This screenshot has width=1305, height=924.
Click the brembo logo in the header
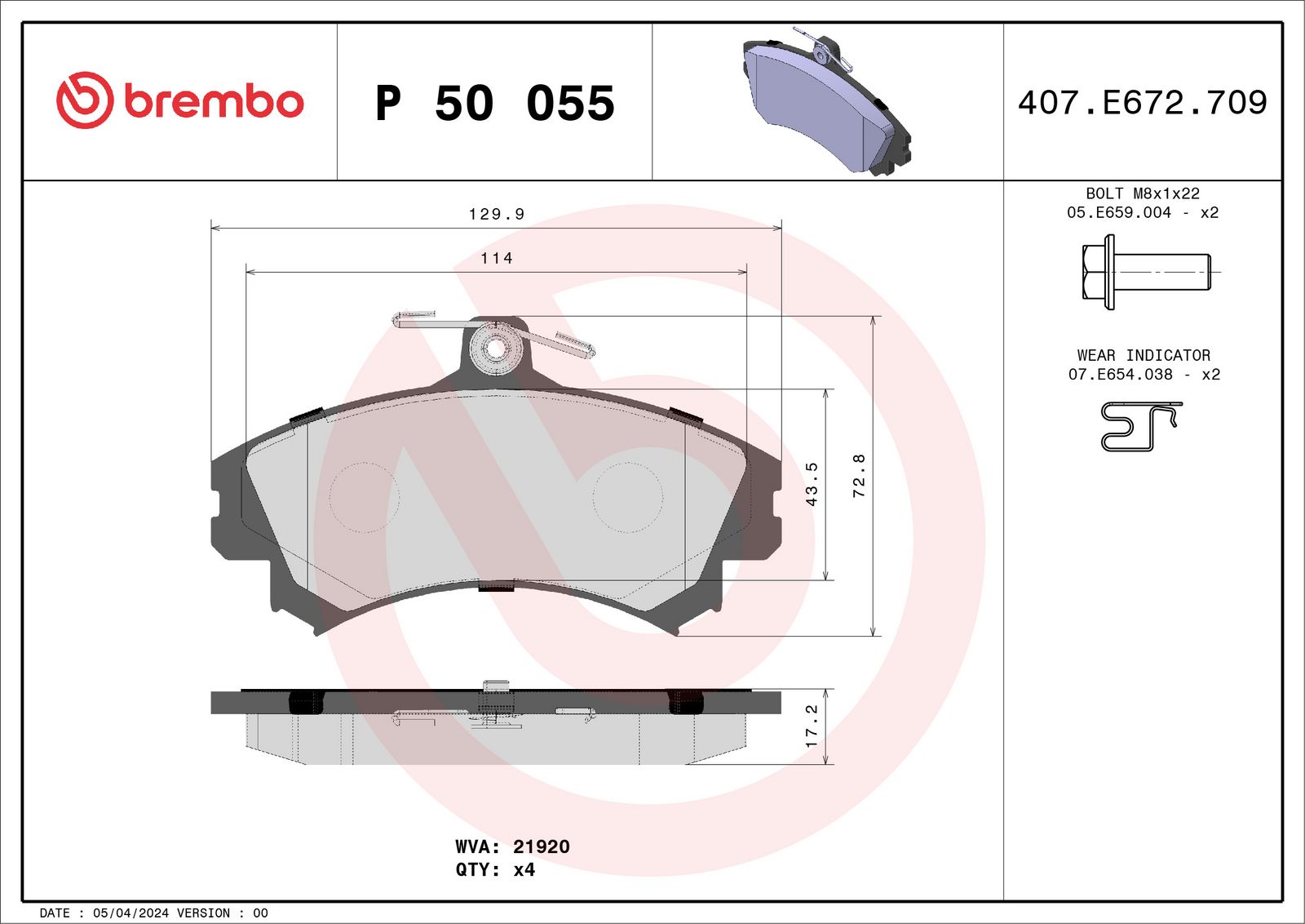coord(179,100)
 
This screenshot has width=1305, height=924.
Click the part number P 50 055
coord(494,104)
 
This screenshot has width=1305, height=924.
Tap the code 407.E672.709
coord(1142,103)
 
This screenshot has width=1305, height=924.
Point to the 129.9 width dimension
coord(496,214)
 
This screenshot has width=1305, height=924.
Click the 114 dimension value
coord(496,258)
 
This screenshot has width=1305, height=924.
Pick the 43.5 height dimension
coord(812,484)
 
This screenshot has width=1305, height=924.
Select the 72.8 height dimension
coord(859,476)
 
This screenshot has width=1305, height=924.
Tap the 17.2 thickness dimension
coord(812,726)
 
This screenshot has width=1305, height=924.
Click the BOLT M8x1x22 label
coord(1142,193)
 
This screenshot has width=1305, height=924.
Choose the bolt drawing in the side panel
coord(1145,272)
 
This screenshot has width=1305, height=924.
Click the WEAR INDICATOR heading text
coord(1143,355)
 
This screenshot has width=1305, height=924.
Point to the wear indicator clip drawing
coord(1140,425)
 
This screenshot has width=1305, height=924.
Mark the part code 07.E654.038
coord(1120,374)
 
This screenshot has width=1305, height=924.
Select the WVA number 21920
coord(541,846)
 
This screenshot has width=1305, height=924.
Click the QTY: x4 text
coord(495,869)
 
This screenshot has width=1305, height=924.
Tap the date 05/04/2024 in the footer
coord(130,913)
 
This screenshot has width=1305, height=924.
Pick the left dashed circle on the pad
coord(364,497)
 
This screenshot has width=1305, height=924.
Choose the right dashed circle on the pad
coord(627,497)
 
